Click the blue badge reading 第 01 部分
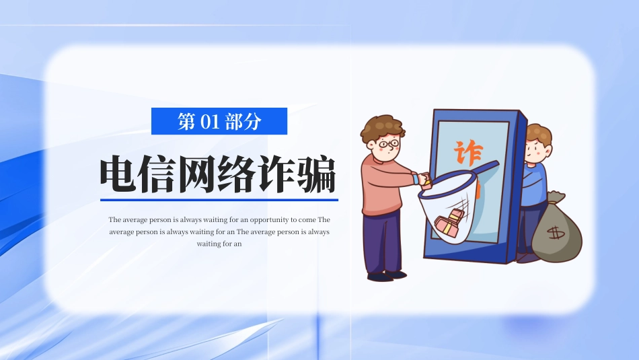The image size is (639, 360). point(219,121)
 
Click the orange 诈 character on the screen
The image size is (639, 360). point(467,154)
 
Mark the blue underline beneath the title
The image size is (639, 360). point(219,199)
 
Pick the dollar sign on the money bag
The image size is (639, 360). point(556,233)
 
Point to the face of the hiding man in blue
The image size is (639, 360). point(536,150)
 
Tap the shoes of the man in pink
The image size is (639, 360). point(385,275)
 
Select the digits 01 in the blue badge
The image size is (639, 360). point(210,121)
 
